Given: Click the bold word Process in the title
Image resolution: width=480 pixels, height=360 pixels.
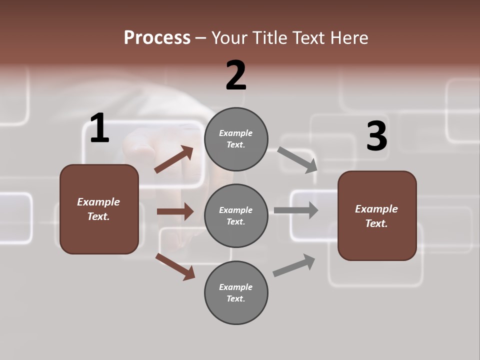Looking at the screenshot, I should point(157,38).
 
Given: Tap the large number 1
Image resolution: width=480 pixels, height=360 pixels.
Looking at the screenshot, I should point(99,128).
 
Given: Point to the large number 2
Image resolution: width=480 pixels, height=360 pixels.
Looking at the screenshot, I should point(236,75).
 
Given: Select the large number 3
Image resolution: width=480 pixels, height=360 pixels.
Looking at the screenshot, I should point(376,136).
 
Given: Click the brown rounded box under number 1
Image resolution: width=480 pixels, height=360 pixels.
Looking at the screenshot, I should point(99,209).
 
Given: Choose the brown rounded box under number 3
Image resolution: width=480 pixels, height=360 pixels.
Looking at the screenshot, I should point(377,215).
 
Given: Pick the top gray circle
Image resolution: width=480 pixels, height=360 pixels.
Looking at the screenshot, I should point(236,139).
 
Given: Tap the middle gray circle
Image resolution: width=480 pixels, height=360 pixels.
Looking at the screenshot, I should point(236,215).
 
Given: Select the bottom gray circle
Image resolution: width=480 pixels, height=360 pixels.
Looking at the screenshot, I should point(236,292).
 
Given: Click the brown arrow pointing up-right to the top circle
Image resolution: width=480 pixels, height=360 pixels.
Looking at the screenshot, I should point(174,160).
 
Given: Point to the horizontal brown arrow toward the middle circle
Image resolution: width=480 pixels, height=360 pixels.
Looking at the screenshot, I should point(175,211).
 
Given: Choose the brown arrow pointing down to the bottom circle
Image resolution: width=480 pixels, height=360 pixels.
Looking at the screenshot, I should point(175,266).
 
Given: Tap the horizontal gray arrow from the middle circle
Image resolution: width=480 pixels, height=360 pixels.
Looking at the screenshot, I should point(296,210).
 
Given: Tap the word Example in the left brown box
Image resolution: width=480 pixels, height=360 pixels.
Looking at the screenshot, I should point(98,202).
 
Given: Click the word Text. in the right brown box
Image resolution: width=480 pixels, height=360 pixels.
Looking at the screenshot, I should point(376,223).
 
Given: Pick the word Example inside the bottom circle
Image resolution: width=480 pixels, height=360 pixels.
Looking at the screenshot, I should point(236,287).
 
